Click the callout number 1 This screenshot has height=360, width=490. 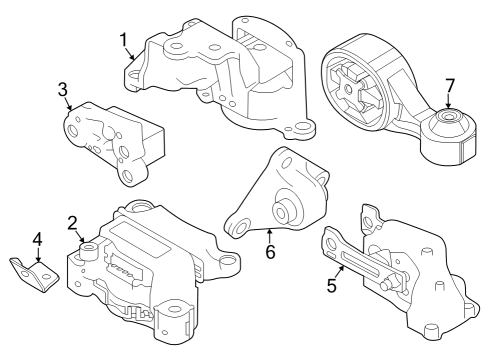point(124,41)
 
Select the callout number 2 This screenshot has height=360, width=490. point(73,222)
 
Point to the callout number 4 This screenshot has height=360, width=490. point(37,241)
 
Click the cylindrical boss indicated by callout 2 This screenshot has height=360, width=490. point(90,248)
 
